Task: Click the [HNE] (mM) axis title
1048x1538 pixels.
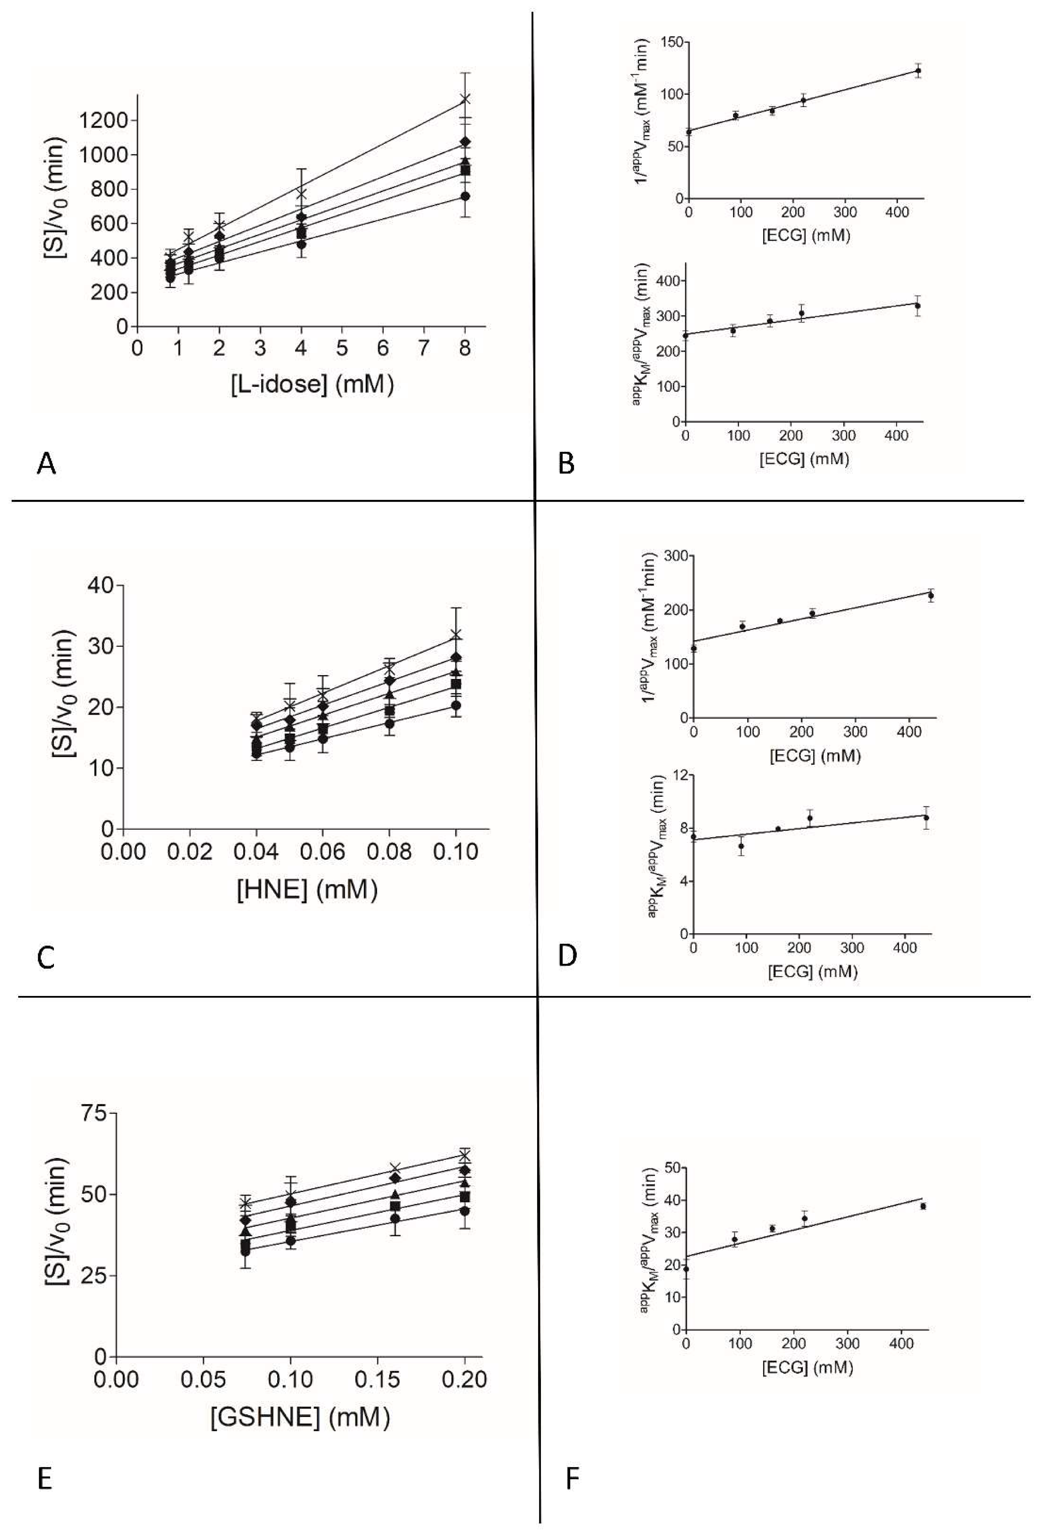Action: click(307, 890)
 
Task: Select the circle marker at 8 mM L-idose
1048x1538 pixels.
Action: click(465, 196)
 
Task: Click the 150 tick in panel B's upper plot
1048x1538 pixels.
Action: click(669, 43)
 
